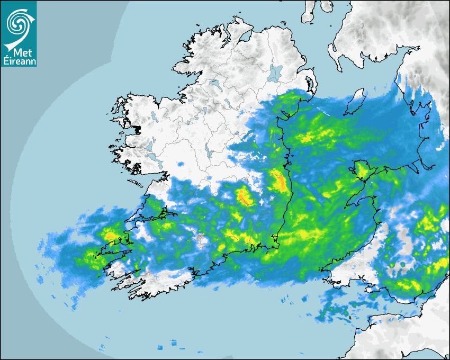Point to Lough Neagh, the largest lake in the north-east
tap(276, 73)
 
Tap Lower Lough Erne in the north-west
tap(214, 83)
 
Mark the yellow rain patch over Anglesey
tap(362, 168)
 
